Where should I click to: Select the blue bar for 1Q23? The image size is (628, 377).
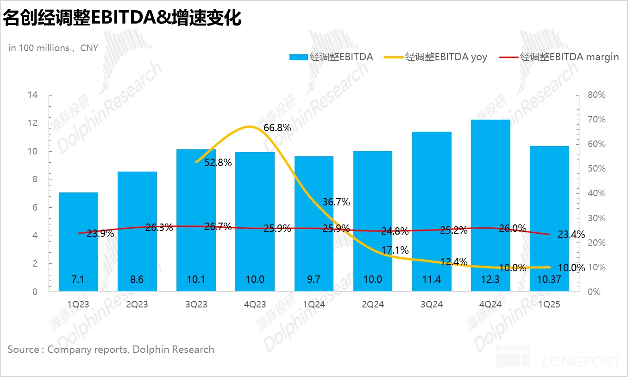click(x=78, y=241)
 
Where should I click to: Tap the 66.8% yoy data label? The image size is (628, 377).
click(x=277, y=128)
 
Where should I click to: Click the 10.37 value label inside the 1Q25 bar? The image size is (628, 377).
click(x=550, y=279)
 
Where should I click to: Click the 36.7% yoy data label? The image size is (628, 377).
click(x=336, y=202)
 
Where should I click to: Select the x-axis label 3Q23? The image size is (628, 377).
click(x=196, y=305)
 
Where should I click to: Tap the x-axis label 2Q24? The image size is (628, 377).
click(x=373, y=305)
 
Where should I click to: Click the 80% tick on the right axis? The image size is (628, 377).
click(x=596, y=95)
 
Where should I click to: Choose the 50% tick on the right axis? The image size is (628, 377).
click(x=596, y=169)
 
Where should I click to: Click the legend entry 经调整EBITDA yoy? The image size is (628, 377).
click(x=446, y=57)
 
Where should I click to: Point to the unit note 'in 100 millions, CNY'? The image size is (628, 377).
click(x=53, y=48)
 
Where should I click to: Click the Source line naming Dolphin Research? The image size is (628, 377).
click(x=111, y=350)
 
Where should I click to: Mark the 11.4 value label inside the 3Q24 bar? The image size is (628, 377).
click(x=432, y=279)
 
